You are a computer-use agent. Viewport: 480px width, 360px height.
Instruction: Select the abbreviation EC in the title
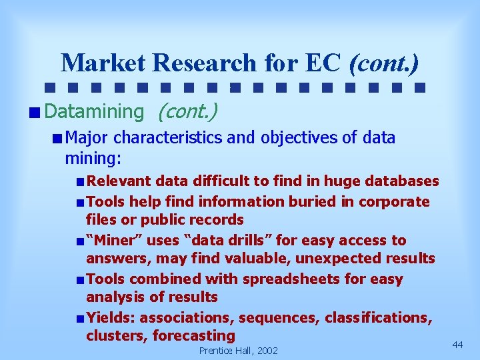(324, 63)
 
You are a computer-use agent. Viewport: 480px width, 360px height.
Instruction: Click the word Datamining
(93, 111)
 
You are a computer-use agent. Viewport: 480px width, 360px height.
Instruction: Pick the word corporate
(394, 201)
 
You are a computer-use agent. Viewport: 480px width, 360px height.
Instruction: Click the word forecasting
(194, 335)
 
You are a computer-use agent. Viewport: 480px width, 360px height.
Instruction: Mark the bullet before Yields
(79, 318)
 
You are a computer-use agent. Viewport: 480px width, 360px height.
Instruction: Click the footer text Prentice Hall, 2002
(239, 351)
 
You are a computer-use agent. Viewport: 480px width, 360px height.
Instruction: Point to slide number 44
(457, 344)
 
